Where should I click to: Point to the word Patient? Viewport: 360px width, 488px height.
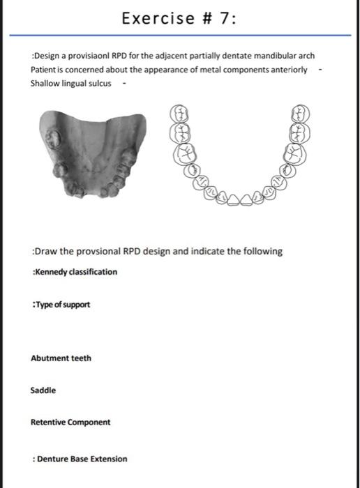tap(44, 70)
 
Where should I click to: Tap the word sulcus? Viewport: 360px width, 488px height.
tap(98, 84)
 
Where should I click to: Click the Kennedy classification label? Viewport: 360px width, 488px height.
tap(74, 272)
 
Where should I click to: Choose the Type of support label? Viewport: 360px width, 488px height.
tap(61, 305)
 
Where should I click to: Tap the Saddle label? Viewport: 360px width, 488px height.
tap(43, 390)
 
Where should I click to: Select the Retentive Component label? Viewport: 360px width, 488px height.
tap(70, 422)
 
